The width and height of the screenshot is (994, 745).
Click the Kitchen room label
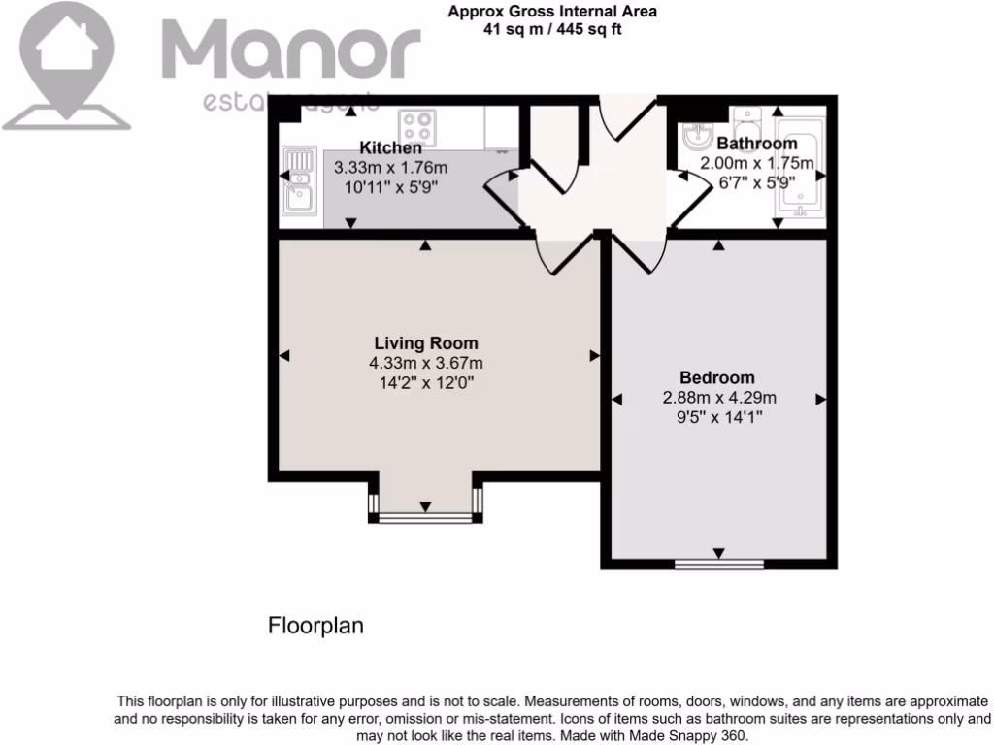click(390, 148)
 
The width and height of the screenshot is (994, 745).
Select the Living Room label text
click(426, 343)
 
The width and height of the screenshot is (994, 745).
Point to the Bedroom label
click(717, 377)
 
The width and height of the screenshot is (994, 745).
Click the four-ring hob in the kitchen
click(419, 127)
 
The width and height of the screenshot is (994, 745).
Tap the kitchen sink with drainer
click(299, 180)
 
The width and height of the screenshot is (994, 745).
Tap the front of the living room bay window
click(425, 518)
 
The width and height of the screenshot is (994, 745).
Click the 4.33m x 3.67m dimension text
click(425, 364)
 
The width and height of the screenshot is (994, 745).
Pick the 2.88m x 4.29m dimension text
click(718, 398)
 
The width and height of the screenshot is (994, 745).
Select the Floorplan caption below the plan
click(315, 627)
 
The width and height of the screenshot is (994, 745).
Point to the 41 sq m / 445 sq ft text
click(552, 28)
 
